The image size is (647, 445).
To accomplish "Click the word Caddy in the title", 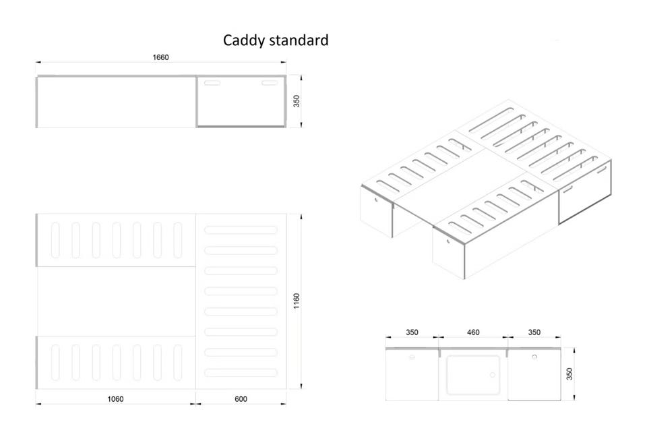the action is [244, 40].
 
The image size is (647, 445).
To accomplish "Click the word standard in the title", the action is [299, 40].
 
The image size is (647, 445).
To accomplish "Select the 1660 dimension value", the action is [160, 57].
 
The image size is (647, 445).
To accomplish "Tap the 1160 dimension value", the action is [297, 301].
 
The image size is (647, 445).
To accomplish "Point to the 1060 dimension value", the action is [115, 398].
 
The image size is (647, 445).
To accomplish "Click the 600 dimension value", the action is [241, 398].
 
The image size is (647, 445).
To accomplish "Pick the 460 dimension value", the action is [473, 332].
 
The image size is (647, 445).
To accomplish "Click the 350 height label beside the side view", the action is [297, 101].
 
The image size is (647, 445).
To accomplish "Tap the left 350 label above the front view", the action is [412, 332].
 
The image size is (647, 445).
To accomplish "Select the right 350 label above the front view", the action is [534, 332].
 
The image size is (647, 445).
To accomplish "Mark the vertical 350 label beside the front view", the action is [570, 374].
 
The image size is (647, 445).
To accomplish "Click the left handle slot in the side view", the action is [212, 83].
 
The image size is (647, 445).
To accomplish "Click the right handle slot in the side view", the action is [270, 83].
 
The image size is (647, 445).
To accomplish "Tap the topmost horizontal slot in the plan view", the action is [241, 230].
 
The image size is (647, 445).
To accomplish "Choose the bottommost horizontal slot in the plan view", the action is [241, 372].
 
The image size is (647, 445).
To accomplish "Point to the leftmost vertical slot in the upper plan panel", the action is [55, 240].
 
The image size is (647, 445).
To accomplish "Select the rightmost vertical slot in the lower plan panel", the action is [178, 363].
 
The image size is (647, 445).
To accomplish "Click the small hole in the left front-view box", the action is [412, 357].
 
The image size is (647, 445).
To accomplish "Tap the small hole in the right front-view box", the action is [534, 357].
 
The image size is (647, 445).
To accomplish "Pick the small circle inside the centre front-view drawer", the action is [492, 375].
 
